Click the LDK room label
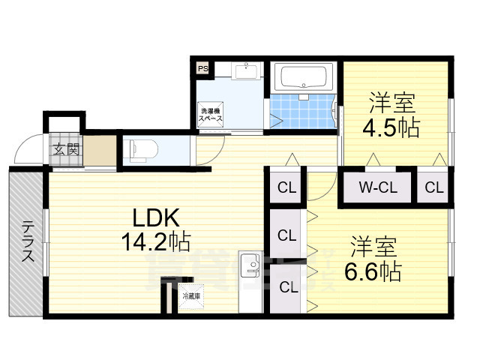coord(155,218)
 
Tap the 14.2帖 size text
coord(155,241)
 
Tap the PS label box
coord(202,69)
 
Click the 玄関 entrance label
coord(65,148)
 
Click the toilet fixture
coord(140,150)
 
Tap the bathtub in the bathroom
coord(303,77)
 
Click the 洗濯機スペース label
coord(210,116)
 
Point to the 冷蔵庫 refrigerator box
coord(191,296)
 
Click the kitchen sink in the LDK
coord(248,266)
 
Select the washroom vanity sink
coord(245,70)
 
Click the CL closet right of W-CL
coord(434,187)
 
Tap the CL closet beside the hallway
coord(286,187)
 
